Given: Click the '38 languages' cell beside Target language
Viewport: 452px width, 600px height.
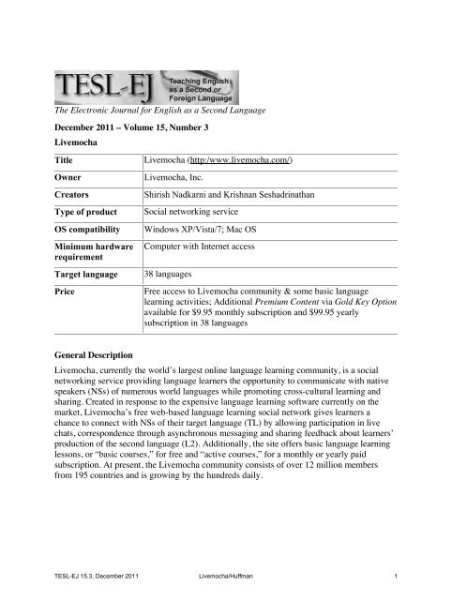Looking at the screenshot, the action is point(169,286).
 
